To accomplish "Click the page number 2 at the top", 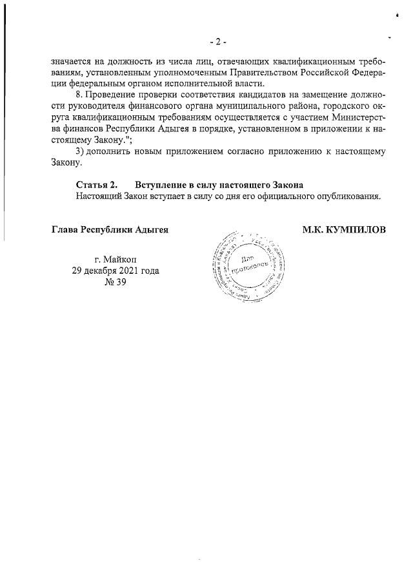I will click(x=218, y=42).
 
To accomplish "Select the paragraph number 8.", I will click(x=80, y=97).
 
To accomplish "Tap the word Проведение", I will click(x=112, y=97).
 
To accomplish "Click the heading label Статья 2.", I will click(x=96, y=185).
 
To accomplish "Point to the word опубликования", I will click(x=349, y=196).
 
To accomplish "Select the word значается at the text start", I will click(x=72, y=62).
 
